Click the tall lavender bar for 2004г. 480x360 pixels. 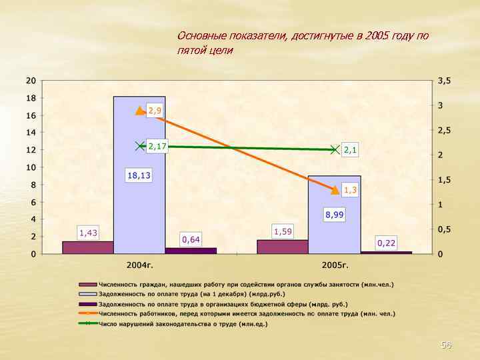click(139, 200)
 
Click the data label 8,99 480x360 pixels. click(335, 214)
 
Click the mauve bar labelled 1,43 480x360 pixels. click(88, 247)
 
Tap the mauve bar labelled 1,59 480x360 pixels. click(283, 247)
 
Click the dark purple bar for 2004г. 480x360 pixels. click(191, 251)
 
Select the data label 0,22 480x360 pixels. click(386, 243)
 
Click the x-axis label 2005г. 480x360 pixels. click(335, 265)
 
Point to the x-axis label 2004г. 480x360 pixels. click(140, 265)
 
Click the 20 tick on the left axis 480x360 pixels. click(31, 81)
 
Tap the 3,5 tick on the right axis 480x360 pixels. click(444, 81)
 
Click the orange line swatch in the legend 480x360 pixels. click(88, 313)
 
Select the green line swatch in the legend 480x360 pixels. click(88, 323)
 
